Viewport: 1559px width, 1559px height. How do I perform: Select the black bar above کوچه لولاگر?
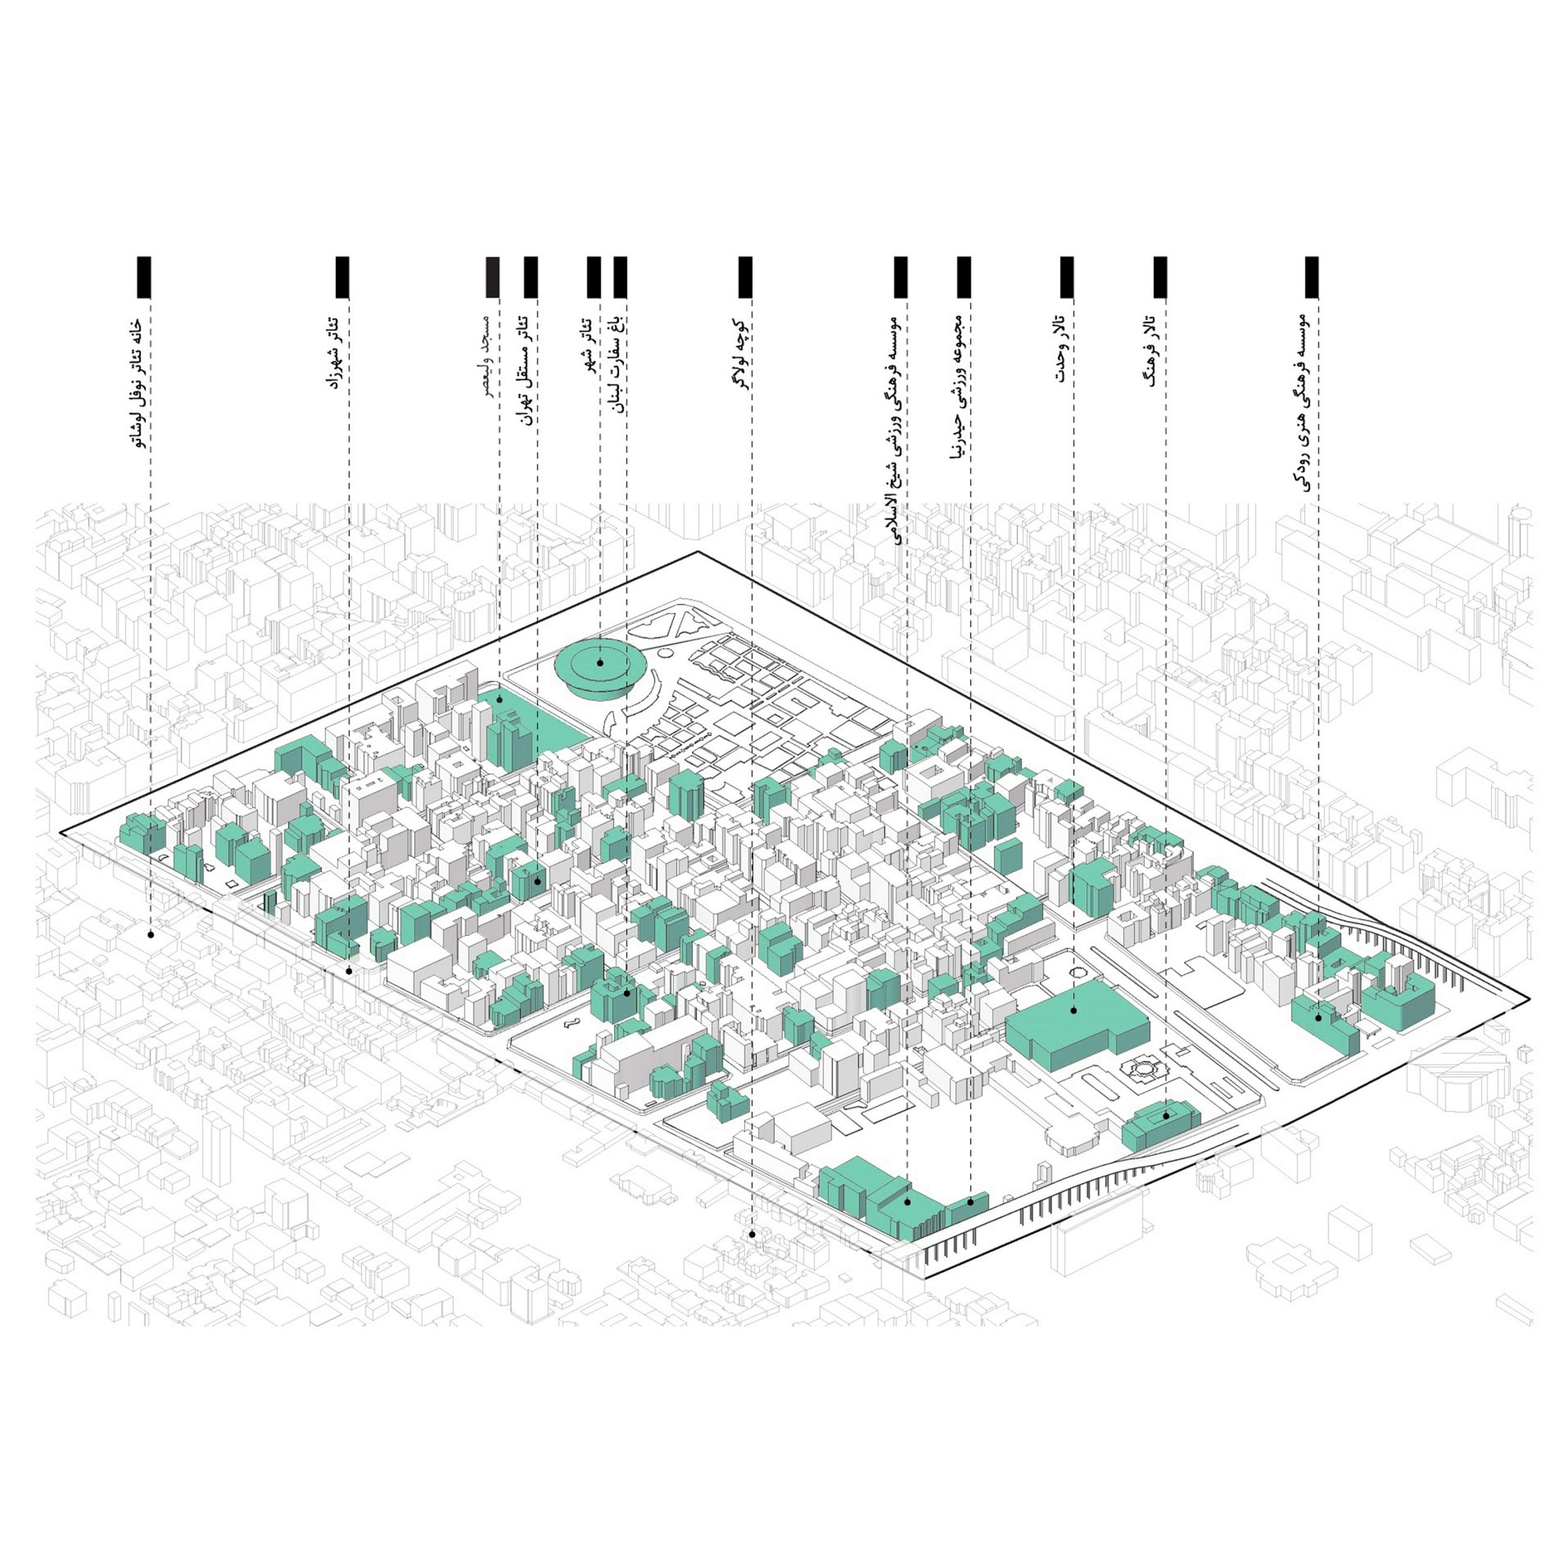(745, 276)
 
